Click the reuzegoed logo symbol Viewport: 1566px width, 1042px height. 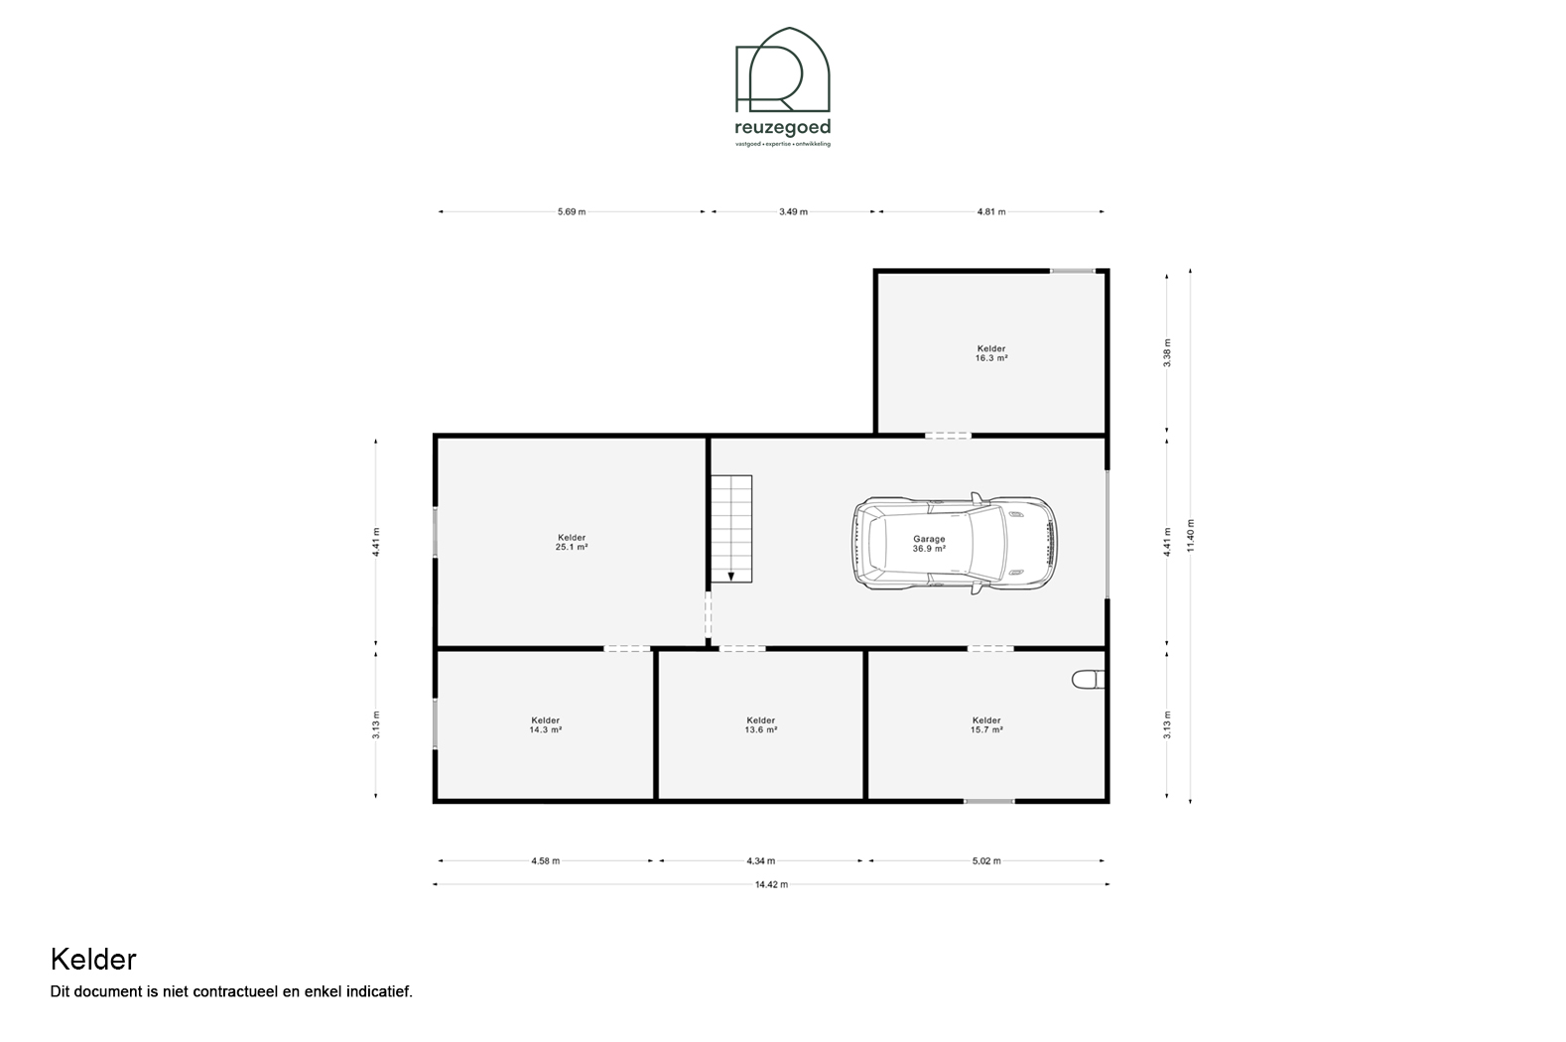782,69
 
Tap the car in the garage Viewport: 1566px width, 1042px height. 955,544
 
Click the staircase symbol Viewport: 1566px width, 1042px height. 731,529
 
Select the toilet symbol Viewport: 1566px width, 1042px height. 1088,679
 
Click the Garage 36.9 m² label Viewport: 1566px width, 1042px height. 929,544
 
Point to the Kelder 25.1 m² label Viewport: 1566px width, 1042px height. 572,543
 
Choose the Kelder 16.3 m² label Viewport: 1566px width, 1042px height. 991,353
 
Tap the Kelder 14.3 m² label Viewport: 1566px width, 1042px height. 545,724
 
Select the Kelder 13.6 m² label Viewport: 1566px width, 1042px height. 760,724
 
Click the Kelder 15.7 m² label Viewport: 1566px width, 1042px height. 986,724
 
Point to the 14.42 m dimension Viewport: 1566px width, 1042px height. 771,884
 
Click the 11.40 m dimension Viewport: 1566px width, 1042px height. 1191,536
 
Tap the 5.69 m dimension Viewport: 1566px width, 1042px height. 572,211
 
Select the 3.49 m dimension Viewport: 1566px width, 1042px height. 794,211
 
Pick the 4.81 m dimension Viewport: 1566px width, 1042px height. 991,211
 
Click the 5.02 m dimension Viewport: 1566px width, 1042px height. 986,860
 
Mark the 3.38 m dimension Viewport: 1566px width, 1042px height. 1167,352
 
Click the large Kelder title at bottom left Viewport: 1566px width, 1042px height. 93,960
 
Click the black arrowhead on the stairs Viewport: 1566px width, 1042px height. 731,577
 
